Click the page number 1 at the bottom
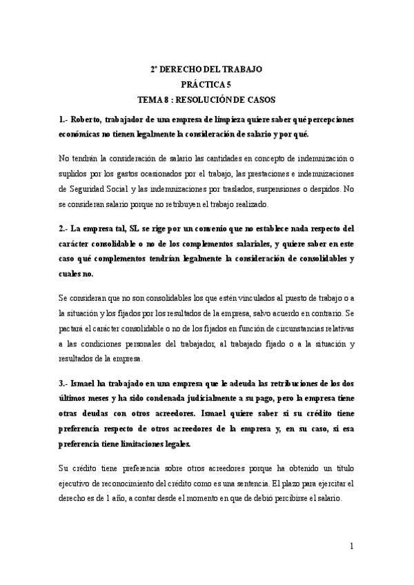(x=351, y=546)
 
